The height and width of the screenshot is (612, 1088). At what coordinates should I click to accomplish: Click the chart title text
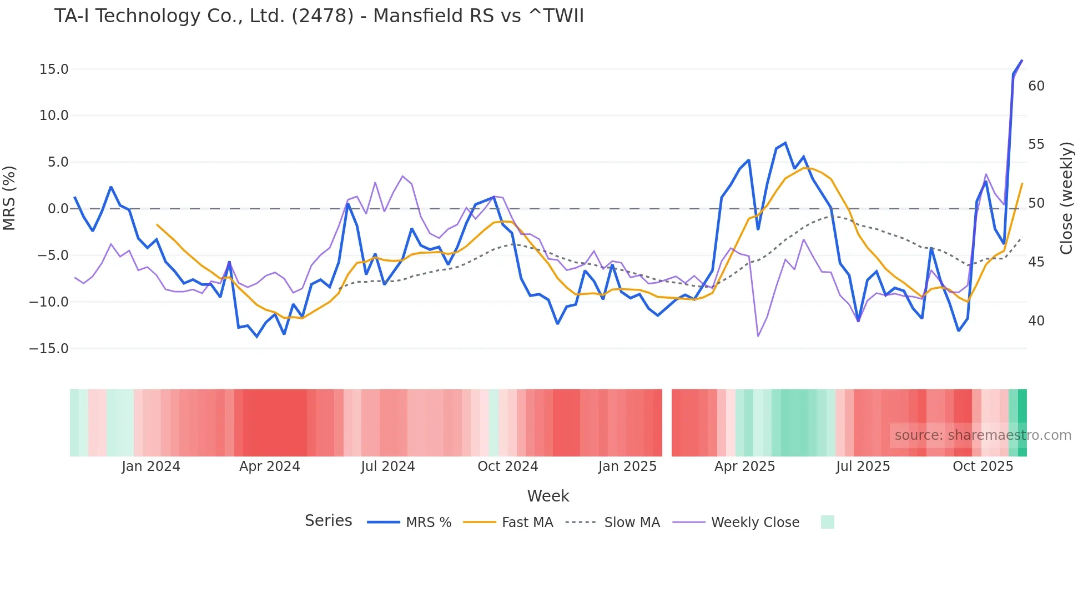(x=319, y=16)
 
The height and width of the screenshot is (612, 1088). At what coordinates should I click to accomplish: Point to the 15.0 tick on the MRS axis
(x=53, y=69)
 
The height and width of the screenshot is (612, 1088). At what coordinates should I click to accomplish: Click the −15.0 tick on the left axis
(x=49, y=349)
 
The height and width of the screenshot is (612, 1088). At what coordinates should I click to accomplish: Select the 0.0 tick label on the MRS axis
(x=58, y=209)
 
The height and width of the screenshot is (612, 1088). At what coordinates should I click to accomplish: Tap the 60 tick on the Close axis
(x=1036, y=86)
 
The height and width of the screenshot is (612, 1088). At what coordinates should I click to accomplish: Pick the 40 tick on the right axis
(x=1036, y=321)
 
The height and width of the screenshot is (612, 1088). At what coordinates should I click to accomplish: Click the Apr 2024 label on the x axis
(x=269, y=466)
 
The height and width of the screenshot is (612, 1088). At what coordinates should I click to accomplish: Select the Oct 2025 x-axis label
(x=983, y=466)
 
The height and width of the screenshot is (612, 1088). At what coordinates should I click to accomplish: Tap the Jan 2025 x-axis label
(x=627, y=466)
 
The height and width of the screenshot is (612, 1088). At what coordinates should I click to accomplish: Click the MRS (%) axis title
(x=9, y=198)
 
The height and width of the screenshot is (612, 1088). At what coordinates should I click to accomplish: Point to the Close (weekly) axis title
(x=1066, y=198)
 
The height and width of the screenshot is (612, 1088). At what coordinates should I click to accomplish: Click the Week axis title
(x=548, y=496)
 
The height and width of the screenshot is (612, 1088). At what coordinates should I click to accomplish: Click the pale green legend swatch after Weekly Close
(x=827, y=523)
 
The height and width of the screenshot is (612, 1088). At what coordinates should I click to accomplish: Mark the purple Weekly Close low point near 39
(x=758, y=336)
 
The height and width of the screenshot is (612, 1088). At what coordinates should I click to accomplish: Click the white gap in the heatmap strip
(x=667, y=423)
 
